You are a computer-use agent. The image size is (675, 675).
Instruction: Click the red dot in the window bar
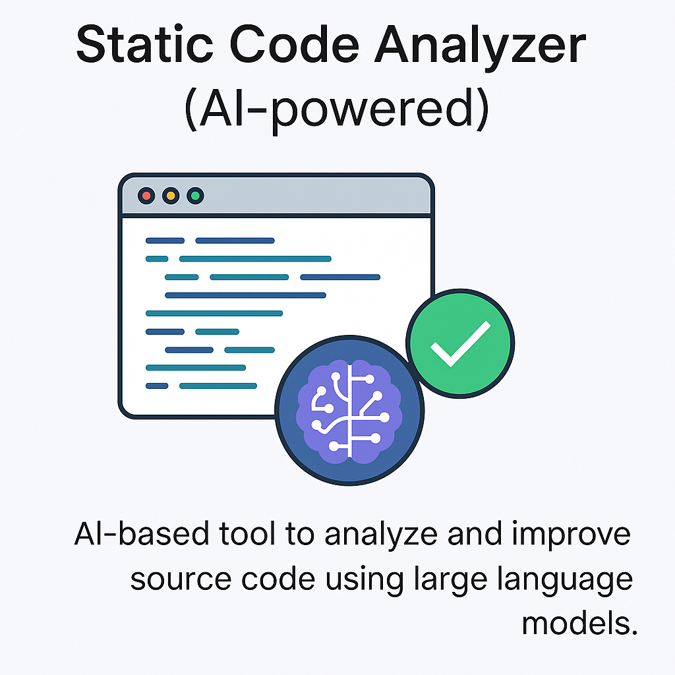point(146,196)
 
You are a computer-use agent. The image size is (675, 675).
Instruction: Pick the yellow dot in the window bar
point(171,196)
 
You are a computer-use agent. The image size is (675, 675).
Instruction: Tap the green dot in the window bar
point(195,196)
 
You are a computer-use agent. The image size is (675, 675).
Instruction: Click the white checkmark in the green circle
point(460,343)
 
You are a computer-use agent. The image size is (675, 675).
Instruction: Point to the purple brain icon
point(349,409)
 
